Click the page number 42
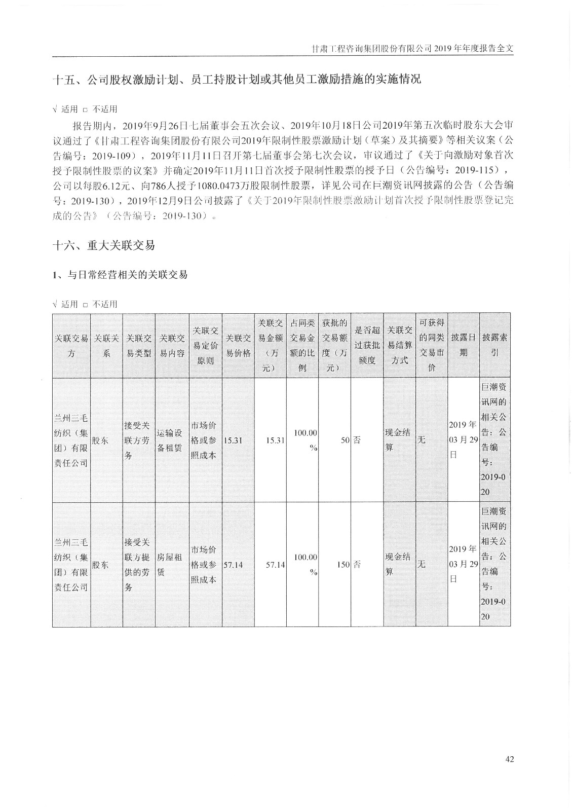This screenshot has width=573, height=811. click(509, 759)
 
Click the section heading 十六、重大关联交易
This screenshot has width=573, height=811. click(104, 246)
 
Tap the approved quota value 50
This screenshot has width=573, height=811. click(345, 440)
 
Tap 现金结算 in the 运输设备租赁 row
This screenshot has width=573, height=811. click(399, 440)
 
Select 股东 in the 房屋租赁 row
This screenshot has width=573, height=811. click(100, 564)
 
